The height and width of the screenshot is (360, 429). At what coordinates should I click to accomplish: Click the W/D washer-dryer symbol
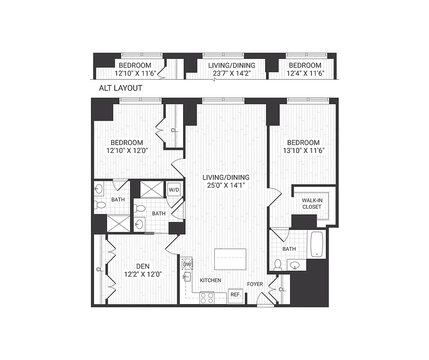(174, 190)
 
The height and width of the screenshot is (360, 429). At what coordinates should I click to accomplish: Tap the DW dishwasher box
(187, 264)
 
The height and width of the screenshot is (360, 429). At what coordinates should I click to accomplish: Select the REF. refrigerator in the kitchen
(236, 295)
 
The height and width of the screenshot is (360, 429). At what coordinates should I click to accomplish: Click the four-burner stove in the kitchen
(207, 297)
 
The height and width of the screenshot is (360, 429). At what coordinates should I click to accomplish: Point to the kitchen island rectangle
(230, 259)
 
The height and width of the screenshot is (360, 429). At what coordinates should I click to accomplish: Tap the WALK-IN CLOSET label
(312, 203)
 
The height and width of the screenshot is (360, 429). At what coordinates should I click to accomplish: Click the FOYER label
(255, 284)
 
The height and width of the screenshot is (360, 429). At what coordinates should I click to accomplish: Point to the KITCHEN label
(211, 280)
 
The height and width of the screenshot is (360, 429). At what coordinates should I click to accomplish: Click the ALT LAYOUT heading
(120, 88)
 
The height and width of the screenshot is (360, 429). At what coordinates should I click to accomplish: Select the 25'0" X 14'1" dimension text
(226, 185)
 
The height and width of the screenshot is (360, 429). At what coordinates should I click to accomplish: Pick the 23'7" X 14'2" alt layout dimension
(232, 73)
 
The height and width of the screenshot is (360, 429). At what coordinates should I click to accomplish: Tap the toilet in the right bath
(278, 265)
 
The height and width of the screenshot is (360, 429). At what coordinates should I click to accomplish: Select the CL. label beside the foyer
(282, 290)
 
